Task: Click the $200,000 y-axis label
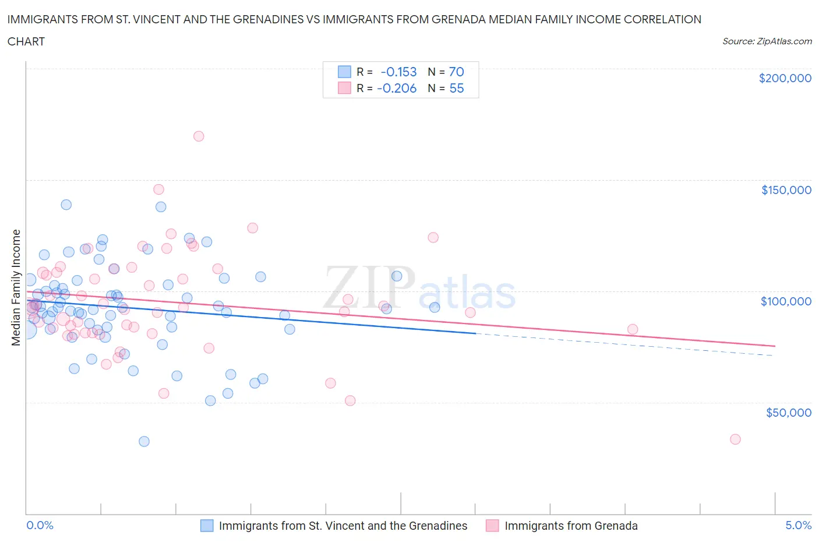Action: pyautogui.click(x=785, y=78)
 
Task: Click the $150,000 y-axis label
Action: pyautogui.click(x=786, y=190)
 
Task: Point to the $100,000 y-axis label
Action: pyautogui.click(x=786, y=301)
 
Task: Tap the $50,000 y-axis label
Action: pyautogui.click(x=788, y=413)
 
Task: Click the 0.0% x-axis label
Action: pyautogui.click(x=40, y=525)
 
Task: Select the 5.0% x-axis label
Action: pyautogui.click(x=798, y=525)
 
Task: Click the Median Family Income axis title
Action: pyautogui.click(x=16, y=287)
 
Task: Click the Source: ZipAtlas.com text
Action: pyautogui.click(x=767, y=41)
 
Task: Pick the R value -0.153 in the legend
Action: pyautogui.click(x=398, y=72)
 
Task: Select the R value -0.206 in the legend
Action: pyautogui.click(x=397, y=88)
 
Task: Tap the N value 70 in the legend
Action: pyautogui.click(x=456, y=72)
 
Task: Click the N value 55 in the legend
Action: pyautogui.click(x=456, y=88)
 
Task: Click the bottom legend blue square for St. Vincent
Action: pyautogui.click(x=207, y=526)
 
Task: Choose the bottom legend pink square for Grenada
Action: pyautogui.click(x=492, y=526)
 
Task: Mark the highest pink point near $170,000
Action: pyautogui.click(x=199, y=136)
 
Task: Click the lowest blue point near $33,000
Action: pyautogui.click(x=144, y=441)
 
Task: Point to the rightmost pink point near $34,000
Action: pyautogui.click(x=735, y=439)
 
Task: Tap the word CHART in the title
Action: pyautogui.click(x=26, y=41)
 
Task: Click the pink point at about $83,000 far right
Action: pyautogui.click(x=633, y=329)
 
